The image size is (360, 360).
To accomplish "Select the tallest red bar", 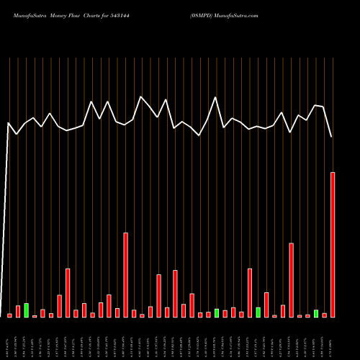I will (333, 245).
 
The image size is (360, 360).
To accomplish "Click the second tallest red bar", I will (125, 275).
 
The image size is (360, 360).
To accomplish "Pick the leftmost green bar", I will (27, 310).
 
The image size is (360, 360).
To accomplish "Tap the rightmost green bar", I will (316, 313).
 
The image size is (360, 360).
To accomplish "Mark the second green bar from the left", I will (217, 313).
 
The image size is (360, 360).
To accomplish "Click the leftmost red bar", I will (10, 315).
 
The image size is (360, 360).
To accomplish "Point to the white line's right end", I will (332, 137).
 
